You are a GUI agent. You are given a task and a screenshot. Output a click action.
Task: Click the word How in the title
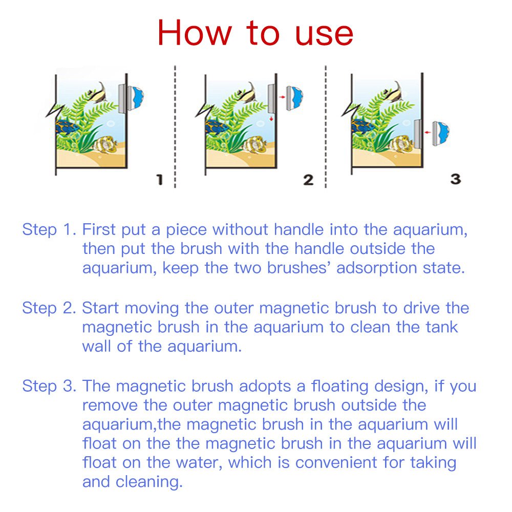tap(195, 33)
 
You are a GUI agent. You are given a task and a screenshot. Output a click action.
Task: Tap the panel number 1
tap(160, 180)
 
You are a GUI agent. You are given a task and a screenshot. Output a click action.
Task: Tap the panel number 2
tap(308, 180)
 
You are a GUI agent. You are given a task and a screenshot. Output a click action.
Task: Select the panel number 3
tap(456, 179)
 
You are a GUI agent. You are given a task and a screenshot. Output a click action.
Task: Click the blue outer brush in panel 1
tap(136, 97)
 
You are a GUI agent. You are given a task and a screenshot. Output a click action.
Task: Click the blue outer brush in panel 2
tap(294, 97)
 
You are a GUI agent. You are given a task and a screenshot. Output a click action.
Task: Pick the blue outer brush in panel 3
tap(441, 133)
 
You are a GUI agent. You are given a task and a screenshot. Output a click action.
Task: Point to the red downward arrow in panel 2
tap(271, 118)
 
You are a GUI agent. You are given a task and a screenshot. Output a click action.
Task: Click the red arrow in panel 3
tap(428, 132)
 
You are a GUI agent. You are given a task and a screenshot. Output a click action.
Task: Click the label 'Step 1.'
tap(49, 229)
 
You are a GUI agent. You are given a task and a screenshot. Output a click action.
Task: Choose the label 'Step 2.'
tap(49, 308)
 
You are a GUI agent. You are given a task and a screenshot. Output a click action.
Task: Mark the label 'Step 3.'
tap(49, 386)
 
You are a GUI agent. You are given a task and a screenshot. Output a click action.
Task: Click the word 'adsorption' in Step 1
tap(376, 268)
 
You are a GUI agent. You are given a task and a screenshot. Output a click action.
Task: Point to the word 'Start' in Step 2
tap(100, 308)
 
